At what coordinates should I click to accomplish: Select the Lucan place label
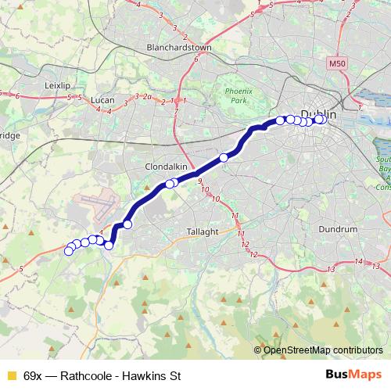click(102, 100)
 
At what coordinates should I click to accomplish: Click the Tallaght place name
click(206, 231)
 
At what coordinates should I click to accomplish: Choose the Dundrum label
click(338, 230)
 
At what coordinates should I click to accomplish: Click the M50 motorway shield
click(337, 63)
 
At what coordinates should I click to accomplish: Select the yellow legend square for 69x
click(10, 375)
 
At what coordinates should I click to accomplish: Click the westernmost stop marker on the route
click(69, 250)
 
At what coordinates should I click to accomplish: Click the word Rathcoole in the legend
click(81, 375)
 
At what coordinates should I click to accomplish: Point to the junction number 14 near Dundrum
click(357, 260)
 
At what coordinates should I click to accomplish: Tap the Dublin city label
click(318, 114)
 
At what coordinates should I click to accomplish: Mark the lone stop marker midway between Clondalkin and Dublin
click(224, 158)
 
